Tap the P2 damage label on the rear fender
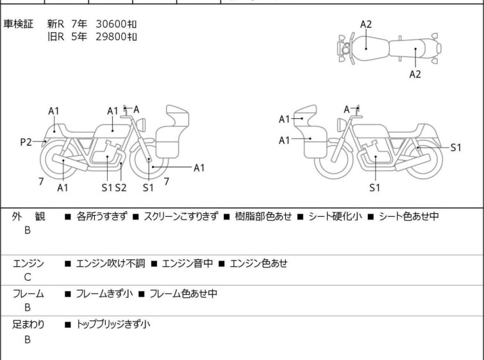pyautogui.click(x=26, y=142)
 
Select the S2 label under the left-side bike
pyautogui.click(x=121, y=187)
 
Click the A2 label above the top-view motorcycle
pyautogui.click(x=366, y=24)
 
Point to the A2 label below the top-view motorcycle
pyautogui.click(x=415, y=74)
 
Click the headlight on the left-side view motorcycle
pyautogui.click(x=141, y=124)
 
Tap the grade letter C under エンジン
pyautogui.click(x=28, y=277)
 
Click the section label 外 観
pyautogui.click(x=28, y=216)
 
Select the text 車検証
pyautogui.click(x=18, y=24)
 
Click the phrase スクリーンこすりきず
pyautogui.click(x=181, y=216)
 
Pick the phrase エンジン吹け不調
pyautogui.click(x=110, y=263)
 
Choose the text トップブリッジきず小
pyautogui.click(x=113, y=324)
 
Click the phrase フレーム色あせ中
pyautogui.click(x=183, y=293)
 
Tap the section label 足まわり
pyautogui.click(x=28, y=324)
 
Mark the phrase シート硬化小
pyautogui.click(x=335, y=216)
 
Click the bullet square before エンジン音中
pyautogui.click(x=154, y=264)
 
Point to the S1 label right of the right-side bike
pyautogui.click(x=456, y=148)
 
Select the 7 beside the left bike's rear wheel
pyautogui.click(x=41, y=182)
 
